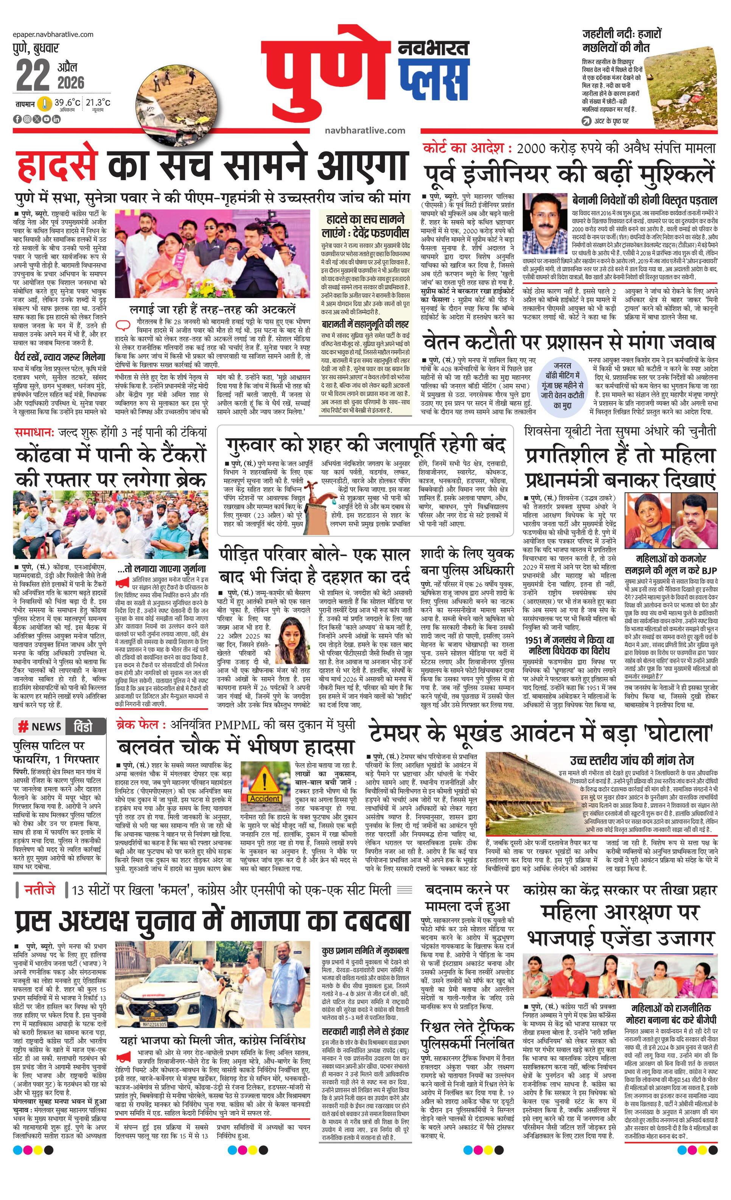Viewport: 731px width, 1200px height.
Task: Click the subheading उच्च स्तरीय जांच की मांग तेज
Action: coord(631,761)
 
